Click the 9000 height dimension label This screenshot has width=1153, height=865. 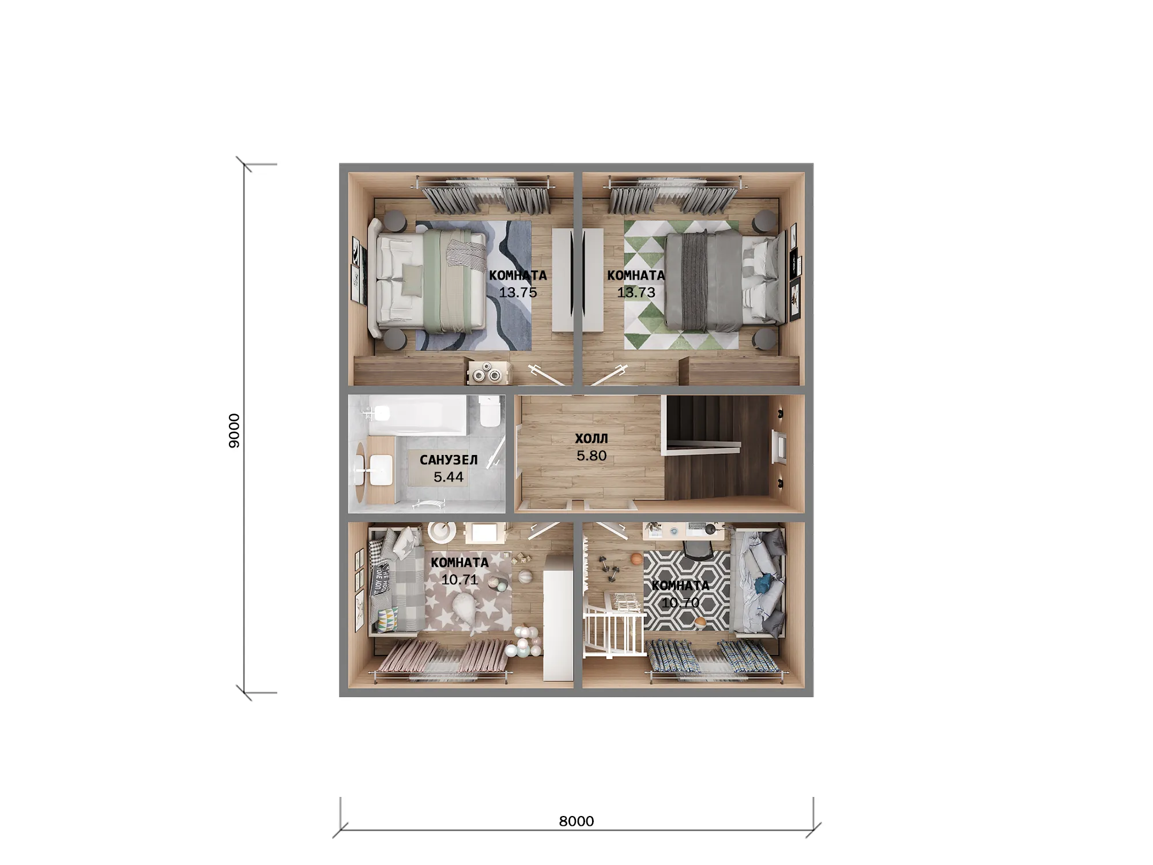(234, 430)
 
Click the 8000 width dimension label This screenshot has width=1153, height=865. (576, 821)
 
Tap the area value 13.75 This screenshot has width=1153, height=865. (518, 292)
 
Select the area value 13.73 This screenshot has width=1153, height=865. (636, 292)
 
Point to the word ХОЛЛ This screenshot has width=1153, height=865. (591, 439)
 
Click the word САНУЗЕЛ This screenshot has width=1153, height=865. (449, 460)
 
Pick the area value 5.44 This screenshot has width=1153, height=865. (449, 477)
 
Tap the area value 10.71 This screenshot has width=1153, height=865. (459, 580)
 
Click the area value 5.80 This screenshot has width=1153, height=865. (591, 456)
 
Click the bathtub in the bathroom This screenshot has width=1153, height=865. (415, 415)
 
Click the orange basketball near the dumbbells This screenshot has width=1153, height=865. (636, 558)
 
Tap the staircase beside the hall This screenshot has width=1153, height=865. (718, 447)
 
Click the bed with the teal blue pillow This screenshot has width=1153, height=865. (758, 582)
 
